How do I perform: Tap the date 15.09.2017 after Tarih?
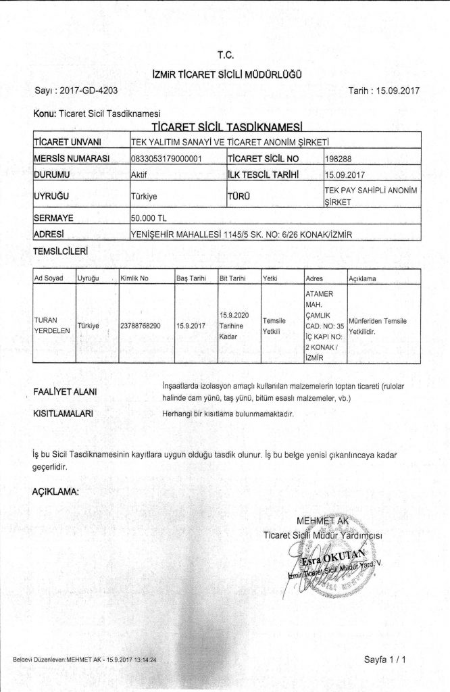point(393,90)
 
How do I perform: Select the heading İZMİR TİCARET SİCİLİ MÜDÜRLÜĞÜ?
point(226,73)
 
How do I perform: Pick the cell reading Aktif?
point(139,174)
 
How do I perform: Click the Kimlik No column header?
point(134,278)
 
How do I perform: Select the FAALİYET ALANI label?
point(65,391)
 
